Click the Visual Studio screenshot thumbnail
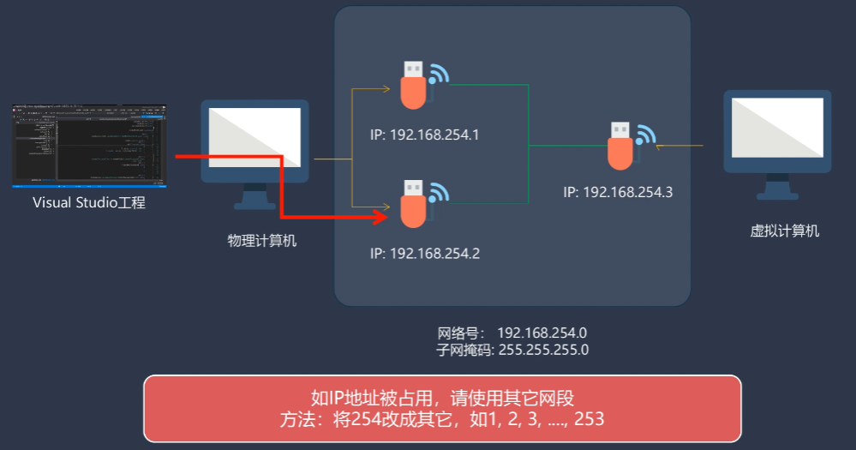89,145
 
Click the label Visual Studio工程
89,203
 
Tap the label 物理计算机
261,241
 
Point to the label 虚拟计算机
784,231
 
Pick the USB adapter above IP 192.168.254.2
414,203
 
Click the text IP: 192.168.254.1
424,135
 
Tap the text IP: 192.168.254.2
424,254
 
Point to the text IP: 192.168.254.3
618,192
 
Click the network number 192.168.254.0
542,333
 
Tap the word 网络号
461,333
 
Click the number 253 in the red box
590,419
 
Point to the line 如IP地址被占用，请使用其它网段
441,399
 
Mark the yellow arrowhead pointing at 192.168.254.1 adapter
386,87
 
